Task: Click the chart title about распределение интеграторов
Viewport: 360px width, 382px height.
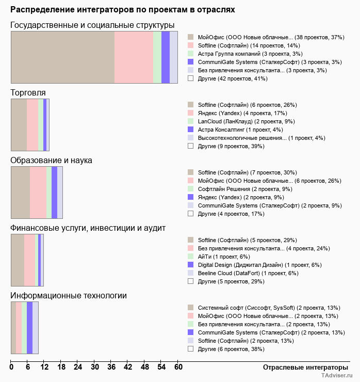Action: pos(123,9)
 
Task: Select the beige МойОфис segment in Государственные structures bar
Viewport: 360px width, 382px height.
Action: pos(62,57)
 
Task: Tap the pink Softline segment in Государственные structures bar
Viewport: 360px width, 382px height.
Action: pos(134,57)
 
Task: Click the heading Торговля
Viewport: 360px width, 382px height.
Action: pos(28,92)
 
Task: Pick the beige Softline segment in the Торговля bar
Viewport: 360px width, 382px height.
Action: pos(19,124)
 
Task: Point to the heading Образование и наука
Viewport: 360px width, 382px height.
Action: pos(51,160)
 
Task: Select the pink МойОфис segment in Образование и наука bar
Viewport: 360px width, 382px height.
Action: pos(38,192)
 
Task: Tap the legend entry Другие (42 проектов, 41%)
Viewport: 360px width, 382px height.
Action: pos(232,78)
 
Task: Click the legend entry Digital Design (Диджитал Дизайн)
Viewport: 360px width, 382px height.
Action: pos(259,265)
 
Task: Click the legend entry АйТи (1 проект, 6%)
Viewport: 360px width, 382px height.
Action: pos(224,257)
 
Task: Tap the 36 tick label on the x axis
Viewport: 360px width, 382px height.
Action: pos(111,367)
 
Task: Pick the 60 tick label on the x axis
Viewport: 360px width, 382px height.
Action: pos(178,367)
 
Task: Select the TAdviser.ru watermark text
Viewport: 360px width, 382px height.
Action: pos(336,376)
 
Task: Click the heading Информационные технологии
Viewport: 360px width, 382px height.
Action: pos(69,295)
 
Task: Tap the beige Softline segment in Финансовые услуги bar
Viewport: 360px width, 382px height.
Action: pos(18,260)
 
